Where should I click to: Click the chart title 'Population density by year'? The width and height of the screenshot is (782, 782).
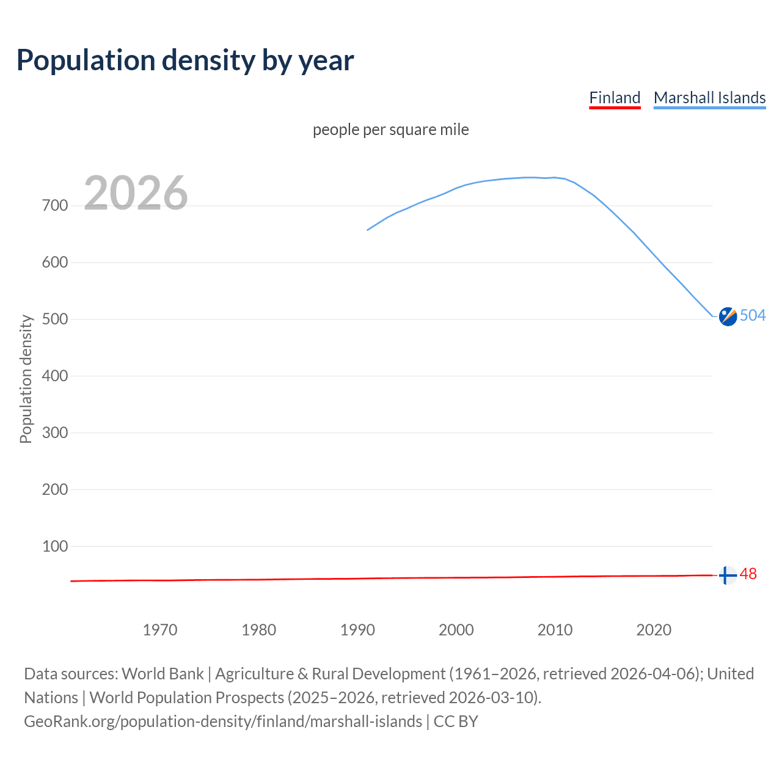point(185,60)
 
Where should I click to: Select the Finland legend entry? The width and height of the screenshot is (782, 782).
point(615,98)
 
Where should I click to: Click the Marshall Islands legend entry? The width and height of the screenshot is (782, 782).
point(709,98)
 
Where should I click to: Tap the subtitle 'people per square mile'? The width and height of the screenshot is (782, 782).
point(391,130)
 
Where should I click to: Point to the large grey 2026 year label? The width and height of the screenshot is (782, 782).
point(136,193)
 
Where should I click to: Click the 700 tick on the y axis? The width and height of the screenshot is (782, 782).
point(55,206)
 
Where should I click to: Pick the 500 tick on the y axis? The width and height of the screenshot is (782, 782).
point(55,320)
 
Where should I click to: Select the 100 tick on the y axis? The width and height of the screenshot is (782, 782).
point(55,546)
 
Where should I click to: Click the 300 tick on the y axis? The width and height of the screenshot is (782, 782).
point(55,433)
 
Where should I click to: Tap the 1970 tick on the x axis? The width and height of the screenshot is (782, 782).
point(160,630)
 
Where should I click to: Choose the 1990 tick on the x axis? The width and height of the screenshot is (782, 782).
point(357,630)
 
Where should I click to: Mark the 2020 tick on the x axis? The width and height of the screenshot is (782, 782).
point(654,630)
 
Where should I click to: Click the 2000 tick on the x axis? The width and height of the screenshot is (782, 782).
point(456,630)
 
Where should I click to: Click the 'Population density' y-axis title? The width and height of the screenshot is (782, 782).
point(26,379)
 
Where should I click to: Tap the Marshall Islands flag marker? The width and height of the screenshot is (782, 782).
point(728,316)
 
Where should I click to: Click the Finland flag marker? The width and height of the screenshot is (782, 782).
point(727,576)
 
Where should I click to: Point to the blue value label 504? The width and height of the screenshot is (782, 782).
point(753,315)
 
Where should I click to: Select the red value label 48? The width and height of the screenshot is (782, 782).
point(748,574)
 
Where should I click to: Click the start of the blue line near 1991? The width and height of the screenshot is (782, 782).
point(368,230)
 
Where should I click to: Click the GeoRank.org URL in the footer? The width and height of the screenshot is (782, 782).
point(223,722)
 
